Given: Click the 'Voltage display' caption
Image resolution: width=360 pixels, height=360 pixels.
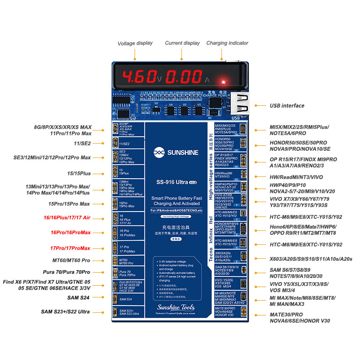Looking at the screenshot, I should (x=135, y=44).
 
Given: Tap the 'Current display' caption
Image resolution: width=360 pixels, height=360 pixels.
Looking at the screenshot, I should (x=182, y=43).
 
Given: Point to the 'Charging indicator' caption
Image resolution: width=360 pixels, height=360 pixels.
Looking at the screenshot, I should (x=227, y=43).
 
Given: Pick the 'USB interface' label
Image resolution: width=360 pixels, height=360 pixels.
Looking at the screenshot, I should (x=287, y=106).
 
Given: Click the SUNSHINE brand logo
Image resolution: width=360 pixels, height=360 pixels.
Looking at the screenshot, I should (x=175, y=153).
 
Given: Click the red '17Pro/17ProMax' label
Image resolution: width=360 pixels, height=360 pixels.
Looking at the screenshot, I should (x=70, y=248).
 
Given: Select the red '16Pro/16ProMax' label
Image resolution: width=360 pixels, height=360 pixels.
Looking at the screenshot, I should (x=71, y=233).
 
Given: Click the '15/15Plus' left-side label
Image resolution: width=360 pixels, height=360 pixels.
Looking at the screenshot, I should (x=79, y=173).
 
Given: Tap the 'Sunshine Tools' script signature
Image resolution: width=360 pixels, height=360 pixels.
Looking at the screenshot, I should (x=175, y=308).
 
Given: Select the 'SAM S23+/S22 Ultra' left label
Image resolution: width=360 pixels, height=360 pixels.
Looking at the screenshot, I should (x=65, y=312).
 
